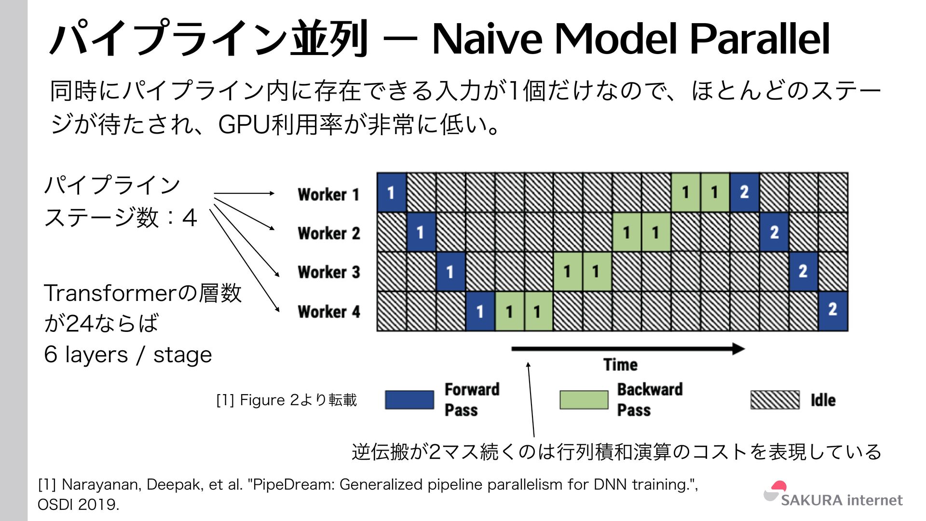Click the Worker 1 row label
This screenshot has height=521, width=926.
coord(328,194)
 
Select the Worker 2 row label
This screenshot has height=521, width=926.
coord(329,233)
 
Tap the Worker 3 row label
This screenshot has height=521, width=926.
coord(329,272)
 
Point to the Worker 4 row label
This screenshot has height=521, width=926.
coord(329,312)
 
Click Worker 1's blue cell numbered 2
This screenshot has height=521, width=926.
coord(744,192)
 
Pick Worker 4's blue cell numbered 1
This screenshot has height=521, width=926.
coord(480,312)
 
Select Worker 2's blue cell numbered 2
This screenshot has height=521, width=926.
coord(774,233)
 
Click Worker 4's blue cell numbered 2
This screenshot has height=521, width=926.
coord(833,310)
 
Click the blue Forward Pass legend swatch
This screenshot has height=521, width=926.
coord(409,400)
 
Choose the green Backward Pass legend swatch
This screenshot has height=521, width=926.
coord(584,400)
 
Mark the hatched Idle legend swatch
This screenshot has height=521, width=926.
coord(775,400)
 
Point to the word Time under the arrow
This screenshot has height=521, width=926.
coord(620,365)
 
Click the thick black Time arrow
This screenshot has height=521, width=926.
coord(627,349)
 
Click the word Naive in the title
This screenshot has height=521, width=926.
coord(487,39)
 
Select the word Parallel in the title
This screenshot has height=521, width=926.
coord(760,39)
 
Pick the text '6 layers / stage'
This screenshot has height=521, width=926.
coord(128,355)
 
